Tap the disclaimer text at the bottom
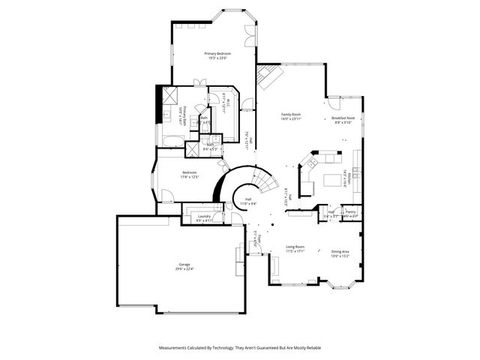tap(240, 348)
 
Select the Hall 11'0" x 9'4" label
tap(247, 200)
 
